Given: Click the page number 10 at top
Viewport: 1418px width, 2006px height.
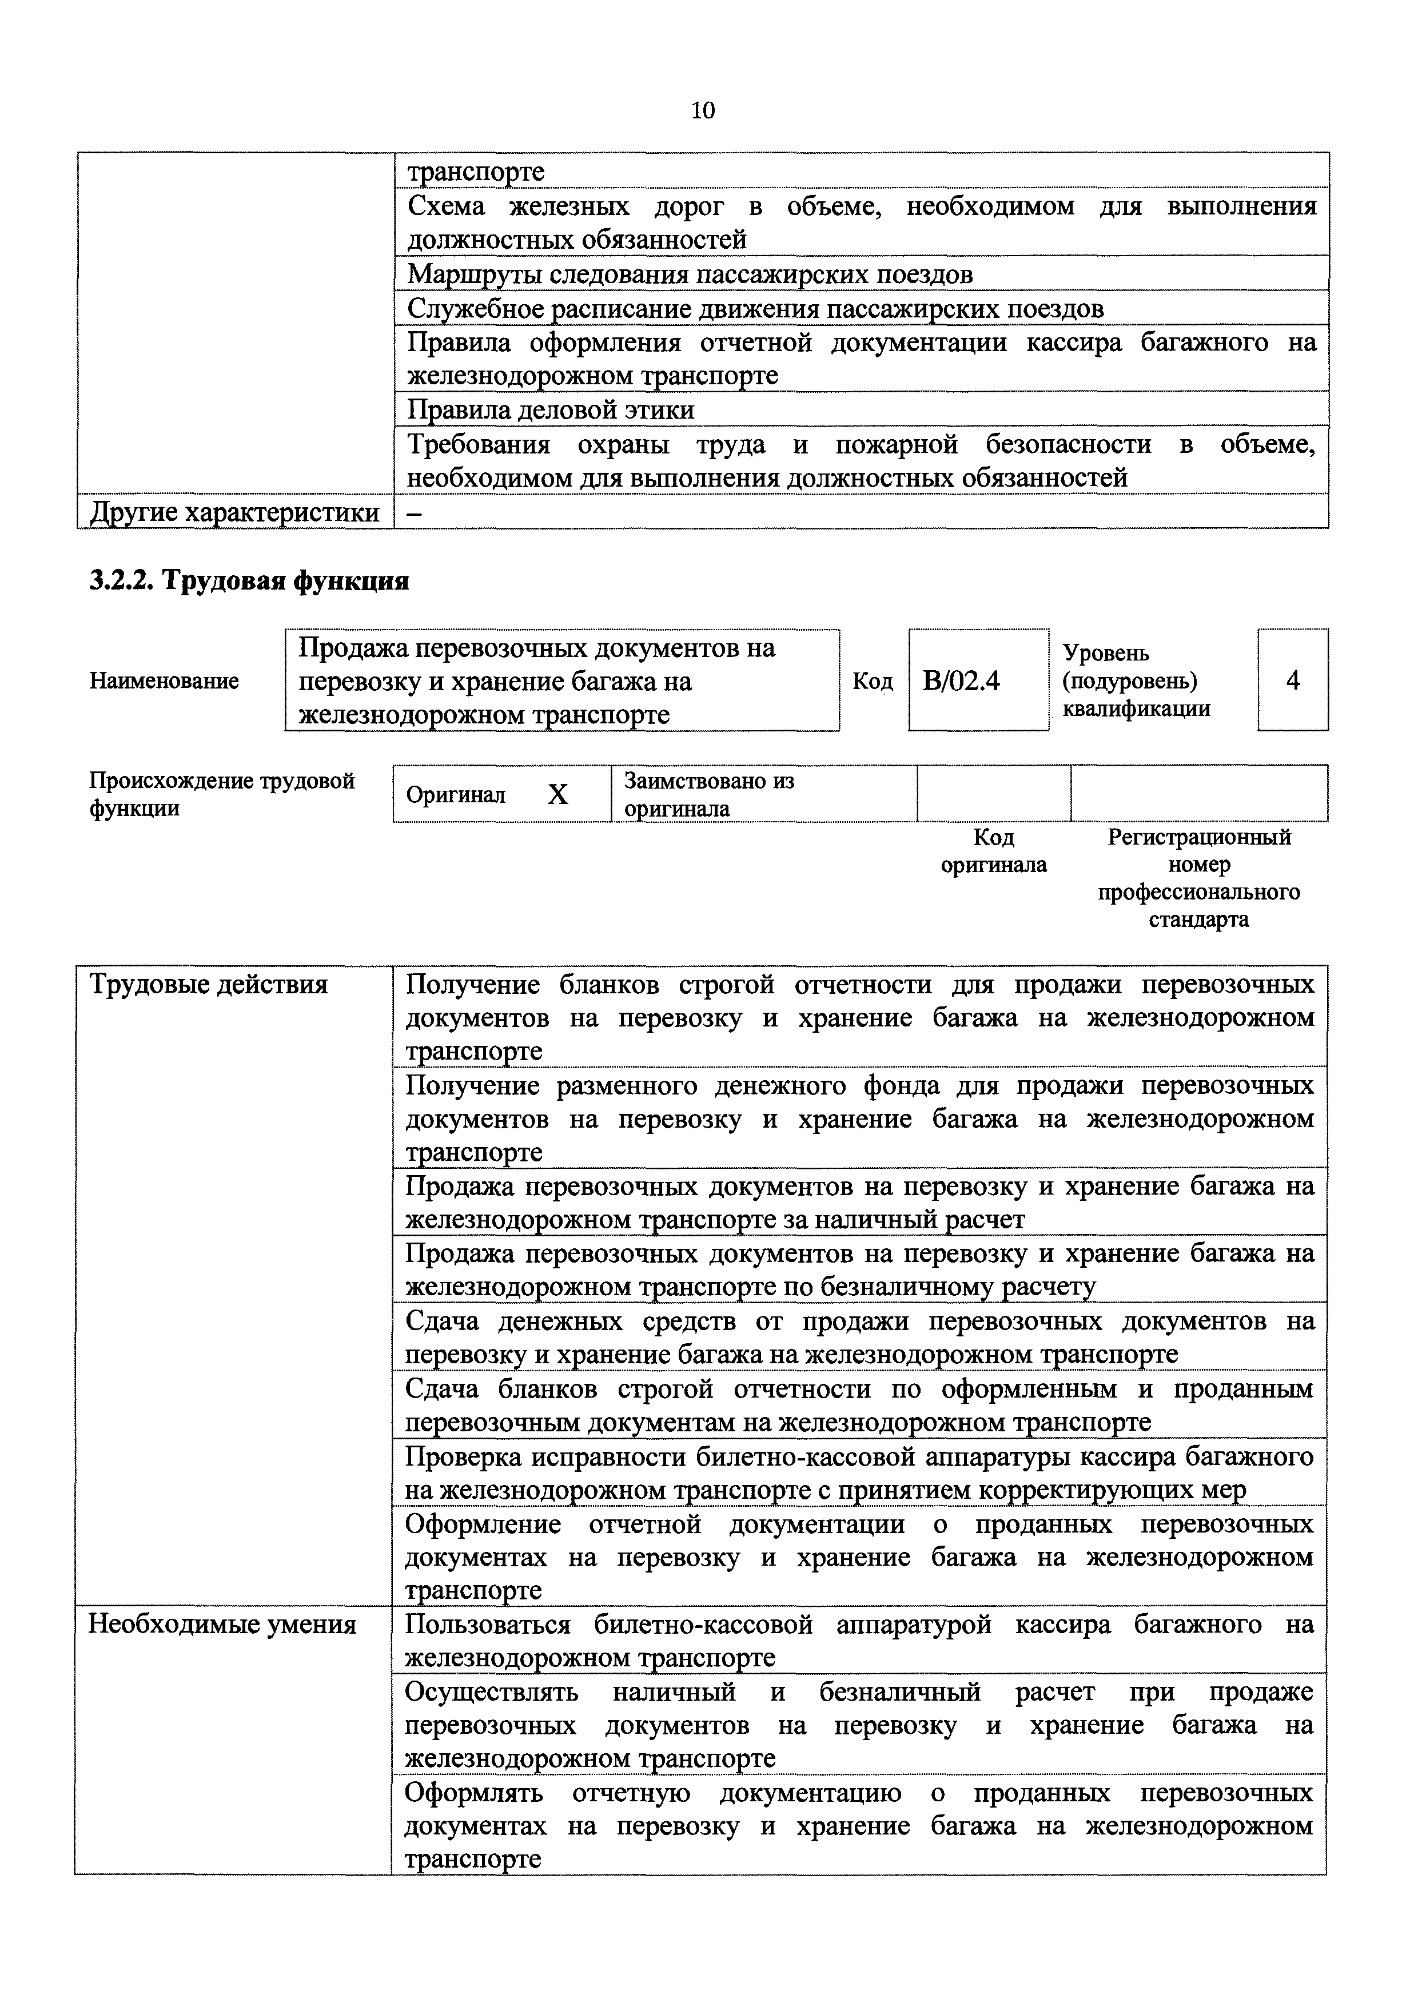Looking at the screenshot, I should click(x=703, y=110).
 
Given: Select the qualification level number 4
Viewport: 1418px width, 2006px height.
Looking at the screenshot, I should click(x=1293, y=680).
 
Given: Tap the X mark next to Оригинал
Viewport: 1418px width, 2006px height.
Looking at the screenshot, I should click(x=557, y=795).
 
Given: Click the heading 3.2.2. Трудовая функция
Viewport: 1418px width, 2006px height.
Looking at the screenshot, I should click(x=249, y=581).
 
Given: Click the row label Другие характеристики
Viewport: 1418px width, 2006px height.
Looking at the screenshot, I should click(x=235, y=512).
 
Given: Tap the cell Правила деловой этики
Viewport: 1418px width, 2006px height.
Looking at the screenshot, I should click(x=551, y=410).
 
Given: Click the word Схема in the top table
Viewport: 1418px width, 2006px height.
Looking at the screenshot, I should click(x=445, y=206).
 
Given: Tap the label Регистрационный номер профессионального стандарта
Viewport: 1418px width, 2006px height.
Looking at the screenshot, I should click(x=1198, y=878).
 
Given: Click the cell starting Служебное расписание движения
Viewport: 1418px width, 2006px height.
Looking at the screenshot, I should click(x=755, y=308).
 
